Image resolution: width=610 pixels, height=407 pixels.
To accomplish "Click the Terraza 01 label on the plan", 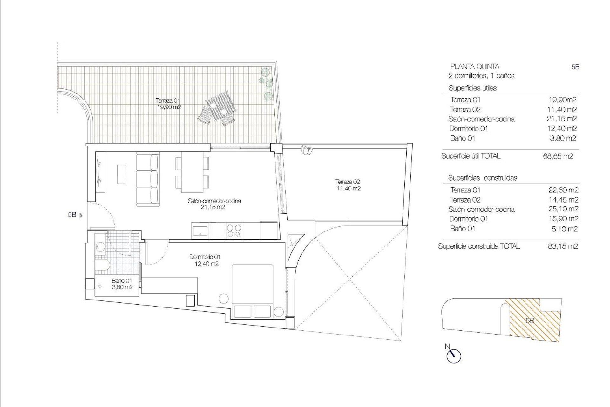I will [169, 104].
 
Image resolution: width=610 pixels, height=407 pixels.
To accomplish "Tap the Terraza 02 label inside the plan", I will [348, 185].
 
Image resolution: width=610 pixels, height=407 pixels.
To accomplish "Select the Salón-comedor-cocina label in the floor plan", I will [214, 204].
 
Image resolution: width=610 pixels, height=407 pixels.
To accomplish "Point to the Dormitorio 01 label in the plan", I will [205, 260].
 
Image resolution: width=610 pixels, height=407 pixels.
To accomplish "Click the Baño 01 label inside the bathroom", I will [122, 284].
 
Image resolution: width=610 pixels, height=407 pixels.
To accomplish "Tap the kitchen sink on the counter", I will [200, 230].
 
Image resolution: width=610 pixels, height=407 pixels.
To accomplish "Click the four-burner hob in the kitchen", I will [234, 230].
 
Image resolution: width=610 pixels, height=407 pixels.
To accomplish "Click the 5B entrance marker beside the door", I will [75, 215].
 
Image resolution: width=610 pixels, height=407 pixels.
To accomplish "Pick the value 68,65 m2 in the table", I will [558, 156].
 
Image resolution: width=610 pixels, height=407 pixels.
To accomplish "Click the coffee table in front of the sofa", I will [121, 174].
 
